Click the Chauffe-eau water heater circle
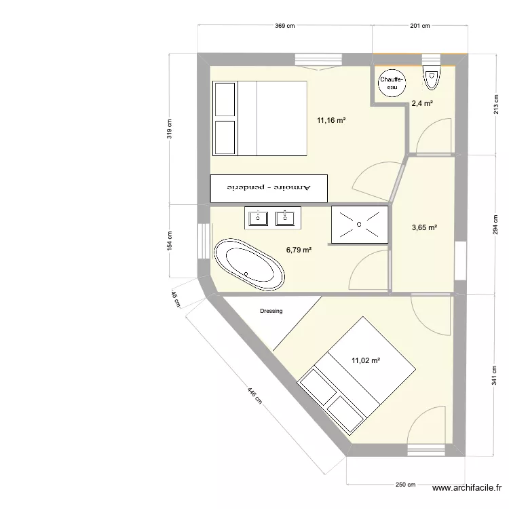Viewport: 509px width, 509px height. tap(392, 83)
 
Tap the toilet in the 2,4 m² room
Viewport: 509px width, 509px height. tap(431, 79)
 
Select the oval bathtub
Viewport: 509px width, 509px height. tap(248, 265)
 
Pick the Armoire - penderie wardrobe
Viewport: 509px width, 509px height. tap(269, 187)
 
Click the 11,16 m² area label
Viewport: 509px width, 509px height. tap(331, 120)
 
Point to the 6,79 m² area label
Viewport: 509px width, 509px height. tap(299, 250)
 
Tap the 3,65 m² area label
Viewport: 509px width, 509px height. tap(424, 228)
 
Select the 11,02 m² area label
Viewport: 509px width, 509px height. tap(365, 361)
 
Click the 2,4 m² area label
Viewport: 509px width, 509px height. tap(422, 104)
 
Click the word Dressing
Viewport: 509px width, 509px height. tap(271, 312)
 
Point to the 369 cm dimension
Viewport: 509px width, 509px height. tap(285, 26)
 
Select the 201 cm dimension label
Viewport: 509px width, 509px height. tap(421, 26)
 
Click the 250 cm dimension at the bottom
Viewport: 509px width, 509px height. tap(406, 485)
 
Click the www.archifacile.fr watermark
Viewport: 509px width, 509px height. tap(468, 488)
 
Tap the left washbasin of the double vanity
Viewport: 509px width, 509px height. tap(258, 218)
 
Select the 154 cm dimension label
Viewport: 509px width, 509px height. tap(170, 240)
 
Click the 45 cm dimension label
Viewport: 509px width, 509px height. tap(175, 298)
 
